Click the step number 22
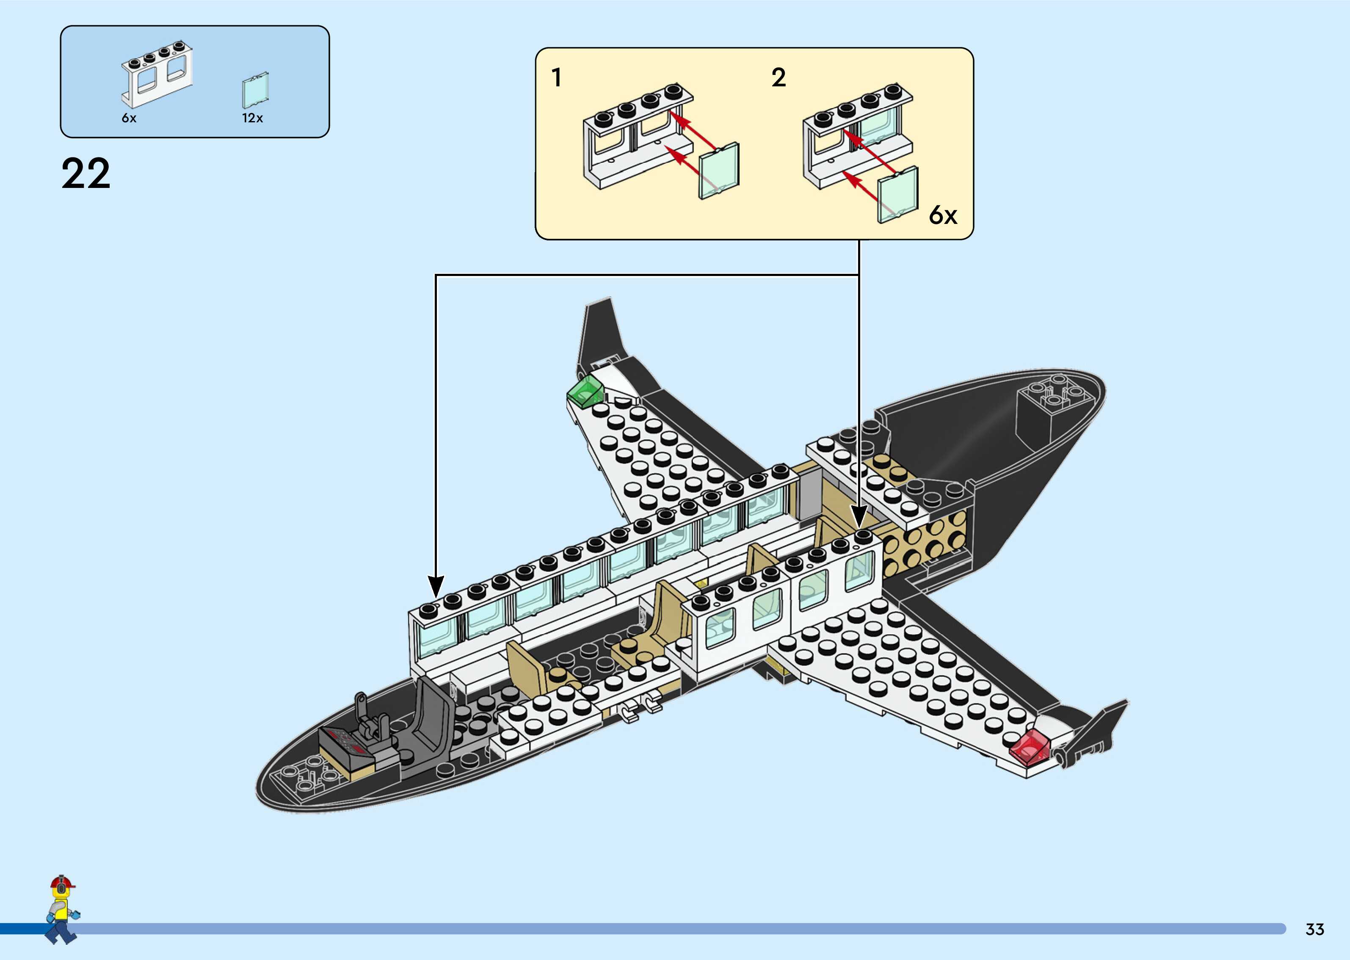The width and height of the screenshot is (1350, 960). pyautogui.click(x=86, y=174)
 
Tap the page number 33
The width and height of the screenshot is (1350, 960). pyautogui.click(x=1314, y=929)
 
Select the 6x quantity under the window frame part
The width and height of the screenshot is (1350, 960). pyautogui.click(x=129, y=118)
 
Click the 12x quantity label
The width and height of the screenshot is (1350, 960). pyautogui.click(x=252, y=118)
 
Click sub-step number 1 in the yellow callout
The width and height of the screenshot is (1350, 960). pyautogui.click(x=556, y=78)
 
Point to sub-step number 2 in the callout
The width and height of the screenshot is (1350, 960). pyautogui.click(x=779, y=78)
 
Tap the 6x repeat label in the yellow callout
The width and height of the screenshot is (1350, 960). pyautogui.click(x=943, y=215)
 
